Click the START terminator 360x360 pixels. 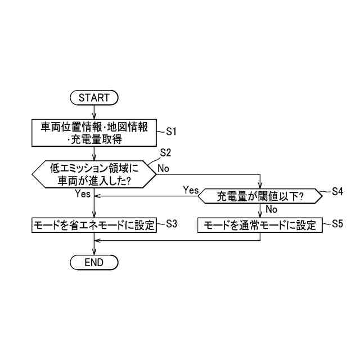[x=94, y=97]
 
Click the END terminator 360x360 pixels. [x=94, y=262]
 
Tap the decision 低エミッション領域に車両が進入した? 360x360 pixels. [x=94, y=174]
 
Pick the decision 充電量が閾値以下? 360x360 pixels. [x=260, y=196]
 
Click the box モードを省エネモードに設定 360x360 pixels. [x=94, y=225]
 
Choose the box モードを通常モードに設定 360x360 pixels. [x=260, y=225]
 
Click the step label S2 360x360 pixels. [x=165, y=152]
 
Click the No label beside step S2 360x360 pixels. [x=164, y=168]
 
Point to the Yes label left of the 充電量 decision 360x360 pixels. [x=191, y=190]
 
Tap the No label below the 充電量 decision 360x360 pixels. [x=271, y=209]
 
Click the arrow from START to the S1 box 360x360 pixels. [x=94, y=111]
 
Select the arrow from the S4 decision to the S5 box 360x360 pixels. [x=260, y=211]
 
